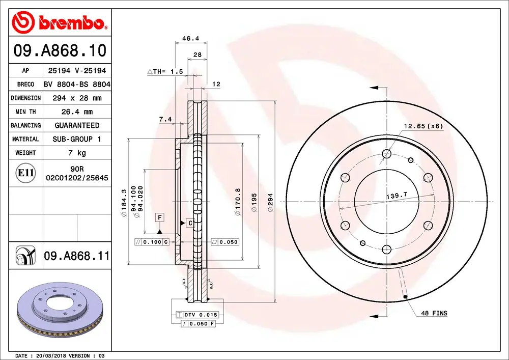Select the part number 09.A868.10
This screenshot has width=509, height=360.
(x=60, y=51)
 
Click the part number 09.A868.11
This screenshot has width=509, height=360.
(x=77, y=256)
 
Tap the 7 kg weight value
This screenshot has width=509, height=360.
(x=77, y=153)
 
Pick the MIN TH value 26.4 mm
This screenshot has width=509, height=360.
(x=77, y=112)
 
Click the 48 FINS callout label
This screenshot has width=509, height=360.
(x=434, y=313)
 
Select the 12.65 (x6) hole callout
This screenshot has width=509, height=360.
(x=423, y=126)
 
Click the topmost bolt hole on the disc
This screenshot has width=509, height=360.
(x=386, y=153)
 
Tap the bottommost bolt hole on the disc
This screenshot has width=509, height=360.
(x=386, y=249)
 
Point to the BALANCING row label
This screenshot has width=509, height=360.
(x=25, y=125)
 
